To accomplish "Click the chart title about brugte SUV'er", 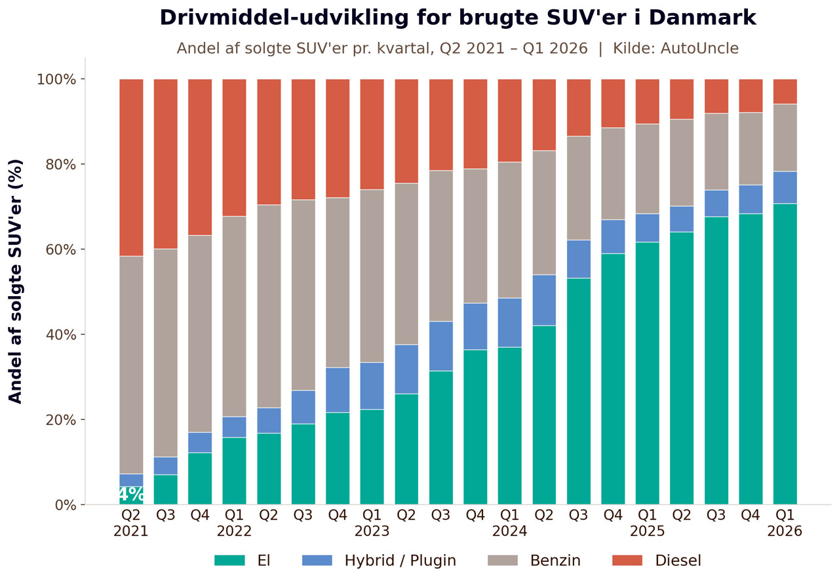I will coord(458,18).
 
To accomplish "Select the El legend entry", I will coord(243,561).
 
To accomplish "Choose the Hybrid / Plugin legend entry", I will coord(379,561).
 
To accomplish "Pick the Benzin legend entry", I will coord(534,561).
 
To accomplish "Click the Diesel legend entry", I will coord(657,561).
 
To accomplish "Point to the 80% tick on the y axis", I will coord(61,164).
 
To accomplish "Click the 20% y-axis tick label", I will coord(61,420).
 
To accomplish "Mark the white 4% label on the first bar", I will coord(131,495).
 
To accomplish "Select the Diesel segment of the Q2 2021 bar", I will coord(131,167).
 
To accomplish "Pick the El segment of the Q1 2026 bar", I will coord(785,354).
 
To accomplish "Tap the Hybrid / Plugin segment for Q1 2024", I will coord(510,322).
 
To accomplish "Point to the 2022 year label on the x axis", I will coord(235,531).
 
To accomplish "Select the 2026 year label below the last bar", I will coord(785,531).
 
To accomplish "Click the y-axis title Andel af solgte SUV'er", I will coord(16,281).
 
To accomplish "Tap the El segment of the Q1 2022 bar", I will coord(235,471).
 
